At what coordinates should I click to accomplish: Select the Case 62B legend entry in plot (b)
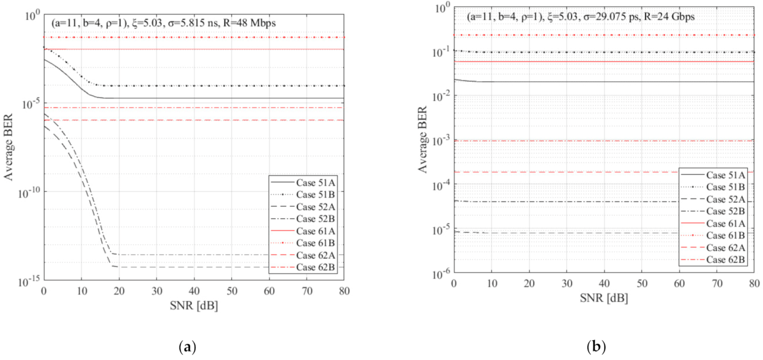coord(727,260)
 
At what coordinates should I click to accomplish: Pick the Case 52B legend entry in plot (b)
coord(727,211)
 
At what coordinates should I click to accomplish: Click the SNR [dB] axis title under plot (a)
coord(194,307)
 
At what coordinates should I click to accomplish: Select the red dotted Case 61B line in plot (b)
coord(562,35)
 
